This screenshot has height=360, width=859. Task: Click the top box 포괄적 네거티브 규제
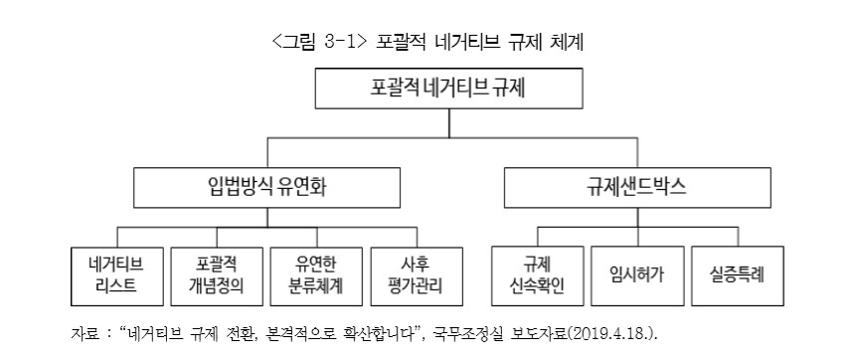coord(448,89)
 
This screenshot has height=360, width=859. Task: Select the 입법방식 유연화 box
coord(266,187)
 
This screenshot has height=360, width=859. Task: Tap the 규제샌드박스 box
coord(637,187)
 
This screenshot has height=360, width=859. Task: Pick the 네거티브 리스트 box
coord(117,276)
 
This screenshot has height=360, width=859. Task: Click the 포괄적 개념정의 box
coord(217,276)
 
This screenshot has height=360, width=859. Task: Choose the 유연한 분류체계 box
coord(316,276)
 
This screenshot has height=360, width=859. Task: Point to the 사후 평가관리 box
coord(417,276)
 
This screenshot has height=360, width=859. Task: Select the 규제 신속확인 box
coord(538,276)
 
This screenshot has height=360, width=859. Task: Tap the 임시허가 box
coord(637,276)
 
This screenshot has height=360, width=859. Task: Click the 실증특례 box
coord(738,276)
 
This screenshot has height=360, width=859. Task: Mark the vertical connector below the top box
coord(448,123)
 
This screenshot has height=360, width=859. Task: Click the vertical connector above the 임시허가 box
coord(637,237)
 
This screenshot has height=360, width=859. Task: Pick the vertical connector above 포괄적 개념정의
coord(217,238)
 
